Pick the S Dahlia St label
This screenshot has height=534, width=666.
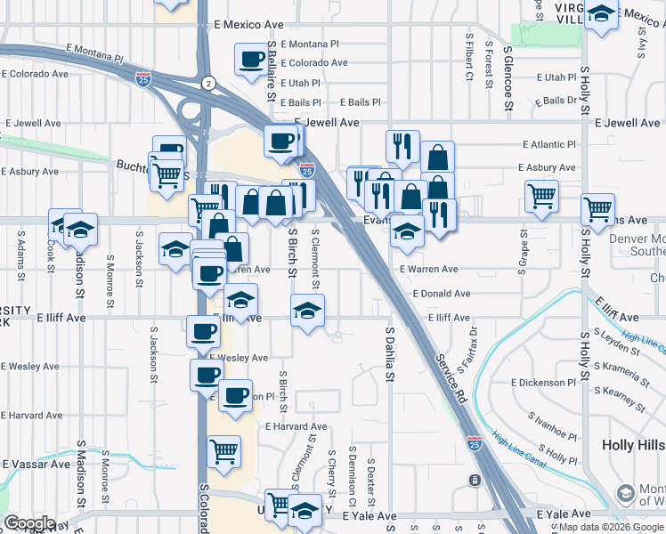(x=390, y=354)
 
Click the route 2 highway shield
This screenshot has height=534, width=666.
(x=207, y=83)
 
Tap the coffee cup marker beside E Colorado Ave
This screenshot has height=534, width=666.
(x=251, y=60)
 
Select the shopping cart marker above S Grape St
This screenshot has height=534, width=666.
(x=540, y=197)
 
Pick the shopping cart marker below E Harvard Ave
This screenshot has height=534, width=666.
(x=223, y=450)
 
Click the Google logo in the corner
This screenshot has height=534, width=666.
(x=29, y=523)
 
